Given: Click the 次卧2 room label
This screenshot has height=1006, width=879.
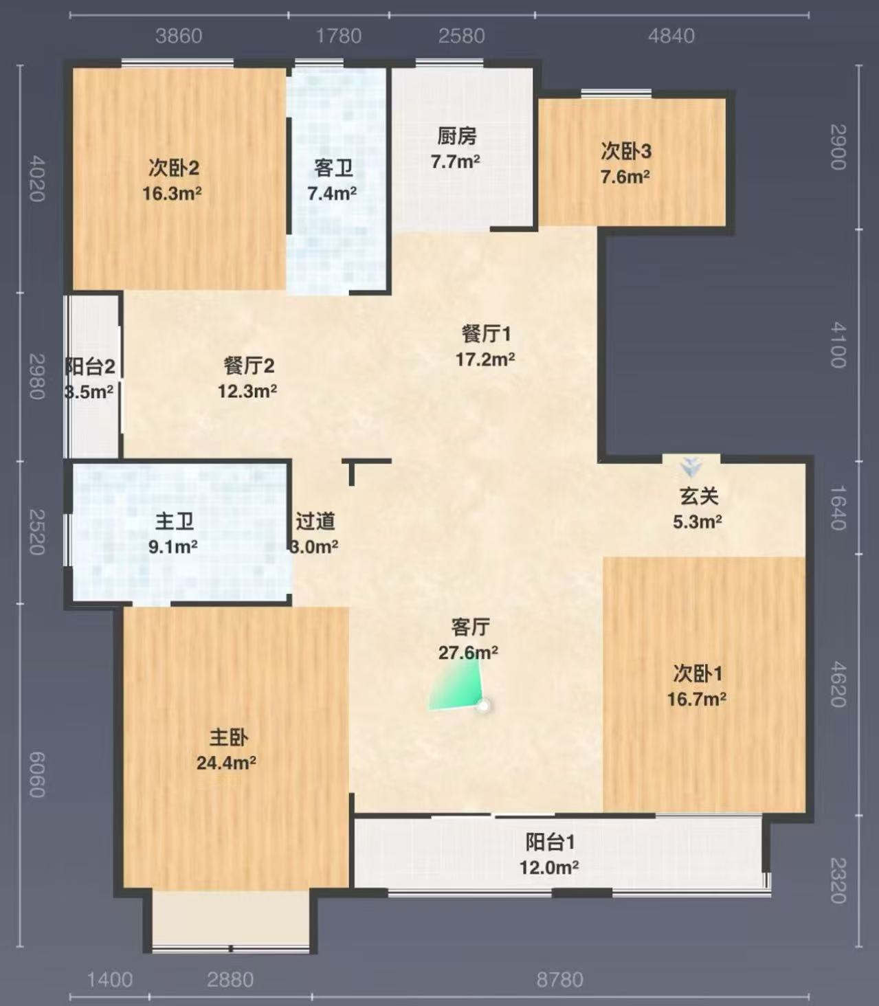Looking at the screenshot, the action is (174, 168).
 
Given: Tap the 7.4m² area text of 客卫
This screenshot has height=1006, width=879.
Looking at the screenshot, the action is (333, 194).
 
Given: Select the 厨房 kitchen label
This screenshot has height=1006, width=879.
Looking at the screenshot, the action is (457, 137).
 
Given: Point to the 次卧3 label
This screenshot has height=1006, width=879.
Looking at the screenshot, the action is (626, 151).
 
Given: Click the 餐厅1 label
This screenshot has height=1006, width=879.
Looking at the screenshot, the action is (486, 335).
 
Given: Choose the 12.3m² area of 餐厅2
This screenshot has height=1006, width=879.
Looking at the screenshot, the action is (247, 392).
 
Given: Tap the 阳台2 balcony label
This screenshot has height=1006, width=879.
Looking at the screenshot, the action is (90, 367).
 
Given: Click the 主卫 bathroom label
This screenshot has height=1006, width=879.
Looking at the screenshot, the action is (174, 522).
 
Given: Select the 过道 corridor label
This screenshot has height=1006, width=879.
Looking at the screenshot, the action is (315, 522).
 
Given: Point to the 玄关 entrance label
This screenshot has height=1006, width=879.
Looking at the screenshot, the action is (698, 496).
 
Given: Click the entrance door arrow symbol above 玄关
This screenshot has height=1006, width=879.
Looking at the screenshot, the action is (691, 467).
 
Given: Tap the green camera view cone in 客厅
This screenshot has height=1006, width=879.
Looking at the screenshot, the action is (456, 685).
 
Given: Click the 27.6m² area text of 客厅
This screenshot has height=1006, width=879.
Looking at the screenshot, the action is (468, 653).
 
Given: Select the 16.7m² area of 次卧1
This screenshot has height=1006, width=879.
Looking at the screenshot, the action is (697, 699).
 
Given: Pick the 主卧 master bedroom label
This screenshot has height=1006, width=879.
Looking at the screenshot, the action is (229, 737).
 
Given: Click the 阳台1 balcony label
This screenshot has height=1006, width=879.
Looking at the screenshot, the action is (550, 842).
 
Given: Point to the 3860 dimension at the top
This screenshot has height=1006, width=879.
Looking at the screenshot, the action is (179, 36).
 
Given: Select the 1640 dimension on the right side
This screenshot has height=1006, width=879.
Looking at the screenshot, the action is (838, 508).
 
